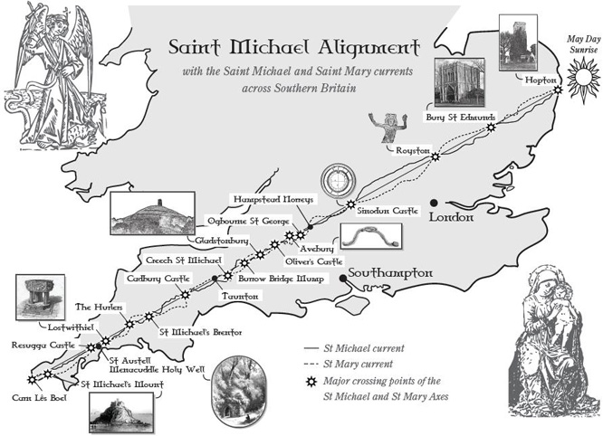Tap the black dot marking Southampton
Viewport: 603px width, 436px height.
[x=343, y=278]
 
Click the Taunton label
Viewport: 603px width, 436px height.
[x=240, y=297]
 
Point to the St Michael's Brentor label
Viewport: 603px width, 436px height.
[x=200, y=332]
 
